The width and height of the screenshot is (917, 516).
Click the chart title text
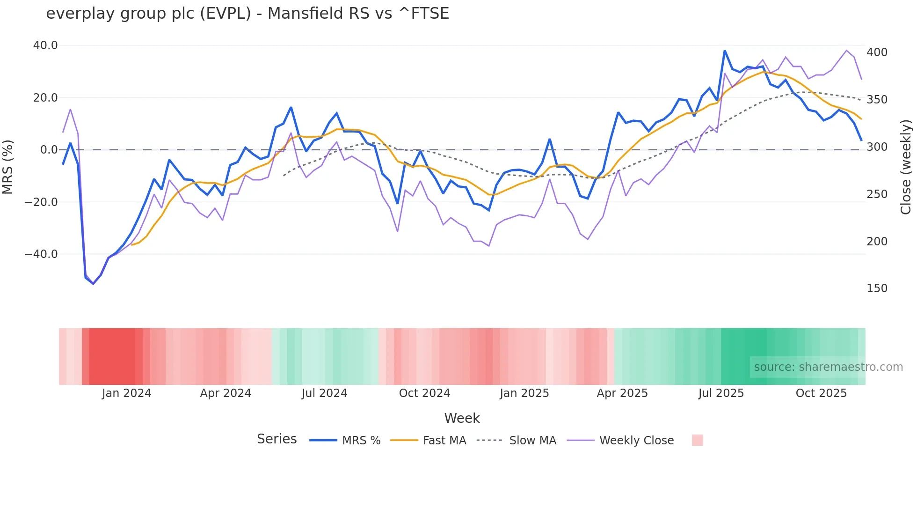point(247,14)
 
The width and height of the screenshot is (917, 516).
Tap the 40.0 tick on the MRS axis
point(45,45)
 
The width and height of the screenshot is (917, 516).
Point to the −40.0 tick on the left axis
point(41,254)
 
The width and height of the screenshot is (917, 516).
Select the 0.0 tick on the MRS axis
point(49,150)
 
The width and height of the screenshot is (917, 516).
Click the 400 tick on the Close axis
point(877,52)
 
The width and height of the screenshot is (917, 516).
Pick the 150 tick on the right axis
point(877,288)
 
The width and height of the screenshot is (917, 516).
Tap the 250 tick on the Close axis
point(877,194)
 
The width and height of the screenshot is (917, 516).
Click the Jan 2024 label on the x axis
point(126,393)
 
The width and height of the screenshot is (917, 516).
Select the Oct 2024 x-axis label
point(424,393)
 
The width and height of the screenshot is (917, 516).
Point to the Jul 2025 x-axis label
point(721,393)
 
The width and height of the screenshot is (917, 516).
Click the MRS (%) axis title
point(8,167)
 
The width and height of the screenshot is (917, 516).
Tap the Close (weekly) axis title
point(906,167)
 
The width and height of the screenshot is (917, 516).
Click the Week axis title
point(462,418)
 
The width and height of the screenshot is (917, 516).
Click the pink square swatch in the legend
point(697,440)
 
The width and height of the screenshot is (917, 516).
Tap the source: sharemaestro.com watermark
point(828,367)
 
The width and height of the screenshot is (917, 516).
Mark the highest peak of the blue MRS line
point(725,51)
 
